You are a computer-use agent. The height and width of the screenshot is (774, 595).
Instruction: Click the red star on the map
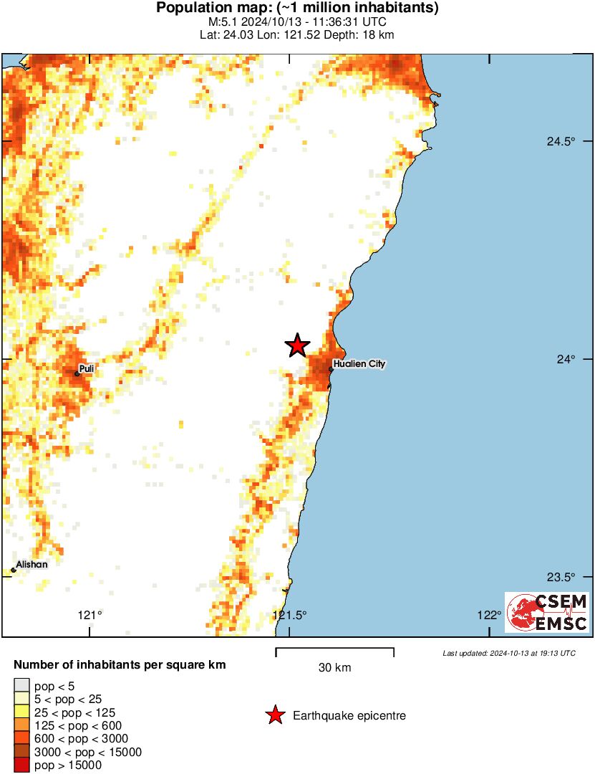(297, 345)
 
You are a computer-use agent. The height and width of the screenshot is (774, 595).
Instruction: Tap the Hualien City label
(360, 364)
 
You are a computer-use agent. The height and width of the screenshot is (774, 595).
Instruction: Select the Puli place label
(87, 369)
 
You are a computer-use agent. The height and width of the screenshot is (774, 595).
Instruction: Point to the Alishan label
(32, 565)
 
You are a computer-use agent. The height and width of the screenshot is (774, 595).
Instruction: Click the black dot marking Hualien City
(331, 369)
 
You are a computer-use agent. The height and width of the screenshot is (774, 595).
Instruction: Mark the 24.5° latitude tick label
(561, 141)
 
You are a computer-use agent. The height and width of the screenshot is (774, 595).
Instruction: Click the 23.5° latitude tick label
(561, 577)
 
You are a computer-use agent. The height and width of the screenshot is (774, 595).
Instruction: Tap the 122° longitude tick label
(490, 614)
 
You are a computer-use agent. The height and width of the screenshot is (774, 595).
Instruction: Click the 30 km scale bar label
(334, 668)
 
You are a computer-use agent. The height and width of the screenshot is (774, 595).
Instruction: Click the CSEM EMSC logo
(548, 612)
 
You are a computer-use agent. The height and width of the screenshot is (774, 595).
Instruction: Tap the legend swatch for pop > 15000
(21, 765)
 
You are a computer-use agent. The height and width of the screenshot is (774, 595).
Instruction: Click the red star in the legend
(274, 715)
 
